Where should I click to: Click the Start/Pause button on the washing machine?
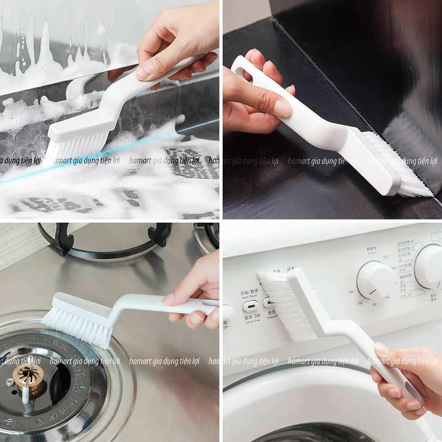(251, 306)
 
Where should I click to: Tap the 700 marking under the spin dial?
(374, 305)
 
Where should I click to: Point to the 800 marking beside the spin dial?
(352, 292)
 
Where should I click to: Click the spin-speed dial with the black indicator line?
(375, 279)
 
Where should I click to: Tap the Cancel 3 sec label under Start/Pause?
(251, 320)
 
